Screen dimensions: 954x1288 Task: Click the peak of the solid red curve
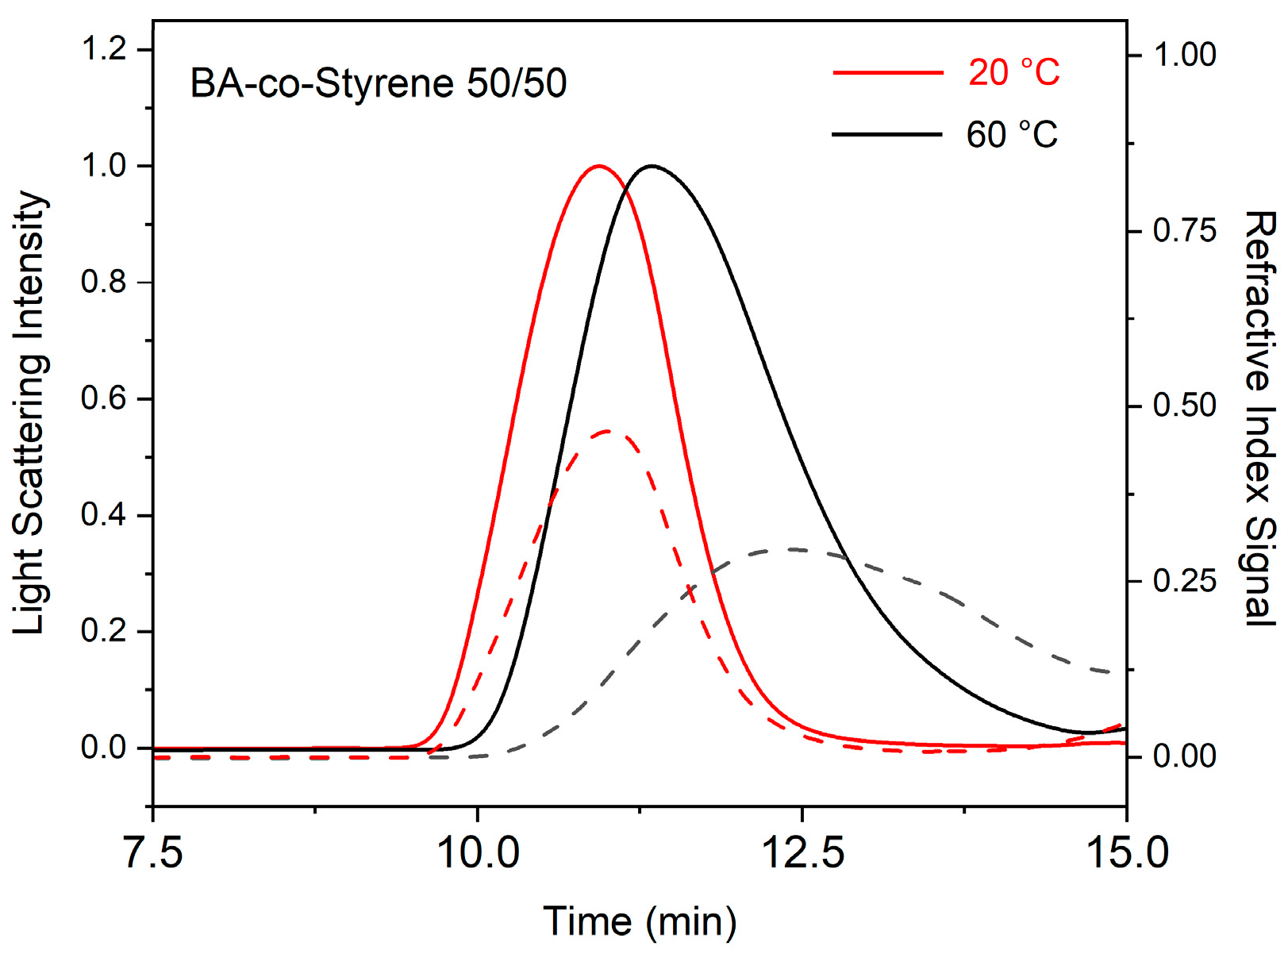(598, 167)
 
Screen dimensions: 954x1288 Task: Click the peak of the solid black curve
(652, 167)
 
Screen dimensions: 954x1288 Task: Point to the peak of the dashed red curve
(608, 432)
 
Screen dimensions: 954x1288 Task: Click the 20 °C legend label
(1013, 73)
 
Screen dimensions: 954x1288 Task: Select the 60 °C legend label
(1012, 135)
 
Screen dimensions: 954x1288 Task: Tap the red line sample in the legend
(887, 73)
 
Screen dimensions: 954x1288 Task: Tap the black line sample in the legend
(887, 135)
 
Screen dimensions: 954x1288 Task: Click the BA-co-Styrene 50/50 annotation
(379, 83)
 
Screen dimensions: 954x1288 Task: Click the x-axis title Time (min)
(640, 922)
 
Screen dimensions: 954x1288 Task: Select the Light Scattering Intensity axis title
(30, 413)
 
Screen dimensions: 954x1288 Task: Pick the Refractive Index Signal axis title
(1259, 419)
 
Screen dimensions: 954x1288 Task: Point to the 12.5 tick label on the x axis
(802, 854)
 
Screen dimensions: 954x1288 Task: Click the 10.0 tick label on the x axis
(478, 854)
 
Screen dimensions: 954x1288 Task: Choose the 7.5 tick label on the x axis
(153, 854)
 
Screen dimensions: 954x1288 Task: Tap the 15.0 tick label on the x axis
(1126, 854)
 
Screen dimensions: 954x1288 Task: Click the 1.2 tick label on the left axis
(104, 49)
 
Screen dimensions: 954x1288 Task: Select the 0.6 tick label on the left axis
(104, 398)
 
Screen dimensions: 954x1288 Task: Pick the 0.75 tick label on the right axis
(1184, 231)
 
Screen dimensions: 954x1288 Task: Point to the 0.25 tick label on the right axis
(1184, 582)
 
